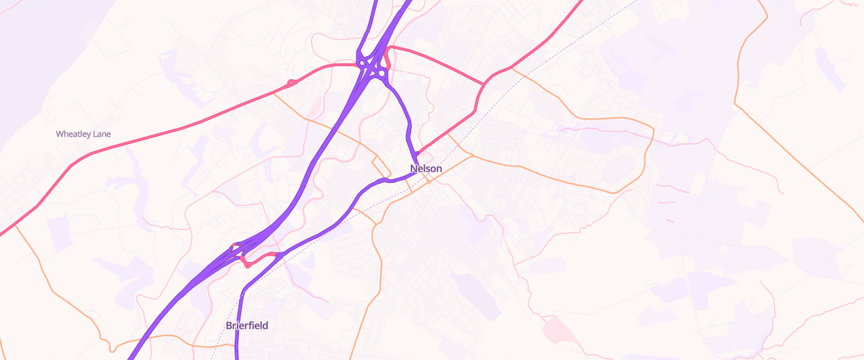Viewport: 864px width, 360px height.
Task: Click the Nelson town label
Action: point(426,168)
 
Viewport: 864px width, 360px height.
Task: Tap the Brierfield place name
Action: point(247,325)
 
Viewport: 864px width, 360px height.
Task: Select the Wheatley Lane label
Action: point(84,134)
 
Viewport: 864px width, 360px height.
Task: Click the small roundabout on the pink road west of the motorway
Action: point(291,83)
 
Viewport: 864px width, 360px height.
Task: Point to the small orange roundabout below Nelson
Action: point(428,181)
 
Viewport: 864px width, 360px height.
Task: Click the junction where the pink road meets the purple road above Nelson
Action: point(416,153)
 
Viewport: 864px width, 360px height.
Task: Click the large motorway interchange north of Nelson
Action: point(373,67)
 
